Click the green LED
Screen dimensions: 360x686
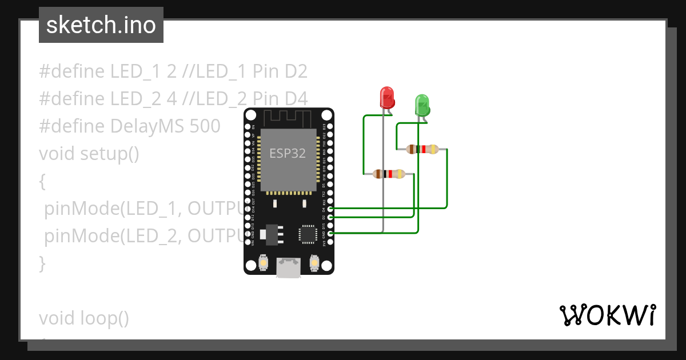coord(422,105)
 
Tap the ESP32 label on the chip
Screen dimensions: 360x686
coord(288,153)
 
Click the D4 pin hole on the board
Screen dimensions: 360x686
coord(330,210)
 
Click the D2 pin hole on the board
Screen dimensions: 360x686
coord(330,218)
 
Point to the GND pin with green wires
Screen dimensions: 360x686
coord(330,234)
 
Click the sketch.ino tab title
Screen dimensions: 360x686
coord(101,26)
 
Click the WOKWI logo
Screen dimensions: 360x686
coord(607,315)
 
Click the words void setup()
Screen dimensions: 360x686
coord(89,154)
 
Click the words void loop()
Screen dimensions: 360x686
coord(84,318)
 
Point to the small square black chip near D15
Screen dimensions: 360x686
coord(308,234)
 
